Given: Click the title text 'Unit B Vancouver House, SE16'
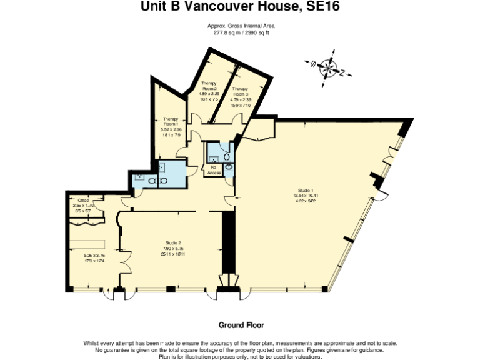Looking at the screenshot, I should (241, 7).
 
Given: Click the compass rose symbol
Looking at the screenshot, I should (327, 67).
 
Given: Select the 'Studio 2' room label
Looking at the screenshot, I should (173, 242).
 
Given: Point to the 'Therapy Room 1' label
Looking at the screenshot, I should (171, 121).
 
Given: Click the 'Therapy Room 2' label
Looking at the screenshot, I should (209, 86).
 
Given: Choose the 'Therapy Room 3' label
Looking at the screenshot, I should (241, 91).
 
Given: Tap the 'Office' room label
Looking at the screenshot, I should (83, 200).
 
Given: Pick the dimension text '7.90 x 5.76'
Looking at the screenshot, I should (173, 248).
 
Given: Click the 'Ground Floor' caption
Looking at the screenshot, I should (241, 325).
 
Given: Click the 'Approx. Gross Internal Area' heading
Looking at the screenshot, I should (241, 26).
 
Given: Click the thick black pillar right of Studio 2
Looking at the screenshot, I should (229, 244).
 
